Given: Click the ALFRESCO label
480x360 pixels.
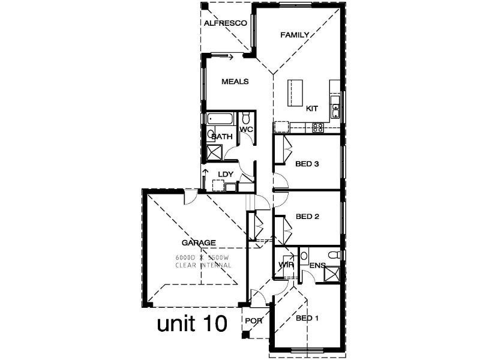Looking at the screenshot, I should (x=226, y=23).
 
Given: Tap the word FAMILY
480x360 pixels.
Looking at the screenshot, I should (x=295, y=35).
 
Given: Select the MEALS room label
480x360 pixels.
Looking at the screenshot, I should (x=235, y=82).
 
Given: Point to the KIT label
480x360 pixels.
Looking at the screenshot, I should (x=312, y=109).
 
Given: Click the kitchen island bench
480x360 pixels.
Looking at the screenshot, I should (x=294, y=92).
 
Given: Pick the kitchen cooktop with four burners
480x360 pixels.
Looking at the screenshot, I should (x=318, y=127).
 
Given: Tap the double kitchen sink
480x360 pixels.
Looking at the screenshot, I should (x=336, y=109).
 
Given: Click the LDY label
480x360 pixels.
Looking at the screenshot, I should (x=225, y=175).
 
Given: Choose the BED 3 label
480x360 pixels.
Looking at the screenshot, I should (x=307, y=163).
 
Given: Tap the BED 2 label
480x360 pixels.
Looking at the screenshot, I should (x=307, y=217).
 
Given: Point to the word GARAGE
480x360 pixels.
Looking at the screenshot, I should (x=199, y=243).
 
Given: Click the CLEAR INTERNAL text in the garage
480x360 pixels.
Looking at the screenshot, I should (x=203, y=265).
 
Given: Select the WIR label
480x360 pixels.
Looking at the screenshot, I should (x=284, y=265).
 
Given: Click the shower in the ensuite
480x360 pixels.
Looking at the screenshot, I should (x=331, y=273).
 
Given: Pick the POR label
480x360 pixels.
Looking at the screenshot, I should (x=254, y=320).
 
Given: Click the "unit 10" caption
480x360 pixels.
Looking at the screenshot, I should (x=192, y=324).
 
